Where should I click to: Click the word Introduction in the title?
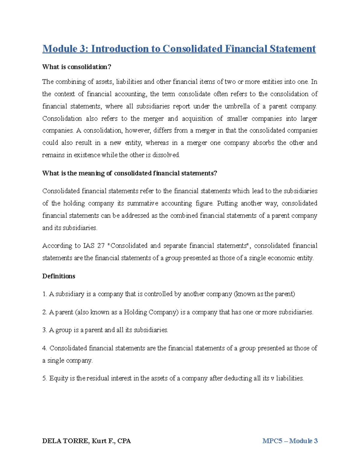(x=121, y=49)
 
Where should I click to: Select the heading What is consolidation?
(x=76, y=67)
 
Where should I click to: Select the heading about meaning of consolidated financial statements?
(x=129, y=173)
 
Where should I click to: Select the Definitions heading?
(x=58, y=276)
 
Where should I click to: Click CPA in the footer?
(x=124, y=441)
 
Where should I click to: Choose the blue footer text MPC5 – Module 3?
(x=290, y=441)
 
